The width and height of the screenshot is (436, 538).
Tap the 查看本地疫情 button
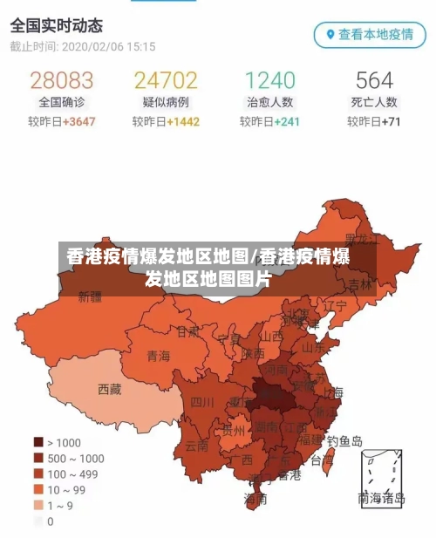[370, 35]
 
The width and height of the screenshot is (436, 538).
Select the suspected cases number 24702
[166, 81]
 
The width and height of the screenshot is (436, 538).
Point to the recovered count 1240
[270, 81]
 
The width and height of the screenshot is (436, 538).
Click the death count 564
[374, 81]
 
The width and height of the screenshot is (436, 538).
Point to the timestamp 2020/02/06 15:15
[107, 46]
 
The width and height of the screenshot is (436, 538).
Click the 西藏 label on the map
[110, 389]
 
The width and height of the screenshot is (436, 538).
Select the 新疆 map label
[90, 296]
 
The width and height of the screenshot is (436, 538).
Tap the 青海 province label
[159, 356]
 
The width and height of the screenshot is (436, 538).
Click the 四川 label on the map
[202, 402]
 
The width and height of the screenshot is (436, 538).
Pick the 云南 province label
[197, 445]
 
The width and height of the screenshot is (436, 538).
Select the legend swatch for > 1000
[38, 442]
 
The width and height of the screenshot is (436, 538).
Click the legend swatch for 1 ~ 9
[38, 505]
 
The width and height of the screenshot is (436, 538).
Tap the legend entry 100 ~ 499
[73, 473]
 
